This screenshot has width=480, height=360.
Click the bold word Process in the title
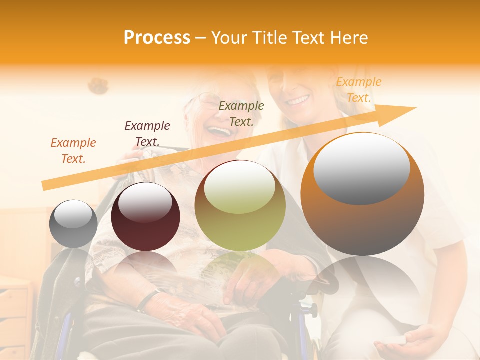pos(157,38)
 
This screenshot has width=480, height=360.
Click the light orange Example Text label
pos(73,151)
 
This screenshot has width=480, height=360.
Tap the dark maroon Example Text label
pos(147,134)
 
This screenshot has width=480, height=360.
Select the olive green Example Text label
pos(241,114)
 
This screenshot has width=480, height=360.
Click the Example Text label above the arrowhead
pos(359,90)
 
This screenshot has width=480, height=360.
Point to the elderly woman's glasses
pos(210,101)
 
